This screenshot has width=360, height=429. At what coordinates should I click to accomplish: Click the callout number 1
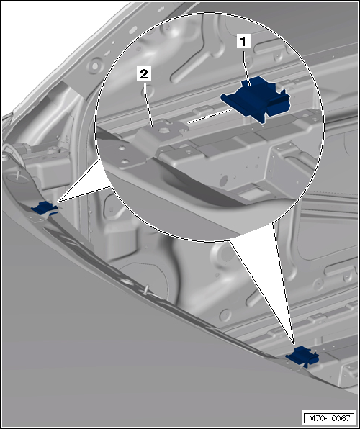pos(244,42)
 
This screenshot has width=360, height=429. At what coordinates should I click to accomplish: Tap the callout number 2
pos(144,74)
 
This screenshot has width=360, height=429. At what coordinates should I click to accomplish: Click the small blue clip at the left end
pos(45,208)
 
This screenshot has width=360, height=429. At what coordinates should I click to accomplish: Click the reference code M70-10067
pos(330,418)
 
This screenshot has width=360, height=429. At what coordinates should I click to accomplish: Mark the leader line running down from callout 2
pos(148,104)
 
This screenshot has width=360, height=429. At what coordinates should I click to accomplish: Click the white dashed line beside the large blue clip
pos(210,116)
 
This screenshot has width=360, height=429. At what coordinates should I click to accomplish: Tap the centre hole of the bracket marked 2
pos(163,130)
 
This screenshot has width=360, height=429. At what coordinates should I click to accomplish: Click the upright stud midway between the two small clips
pos(147,290)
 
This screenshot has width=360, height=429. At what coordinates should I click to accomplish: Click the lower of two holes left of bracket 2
pos(125,161)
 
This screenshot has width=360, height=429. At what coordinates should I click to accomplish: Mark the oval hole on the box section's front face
pos(223,181)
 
